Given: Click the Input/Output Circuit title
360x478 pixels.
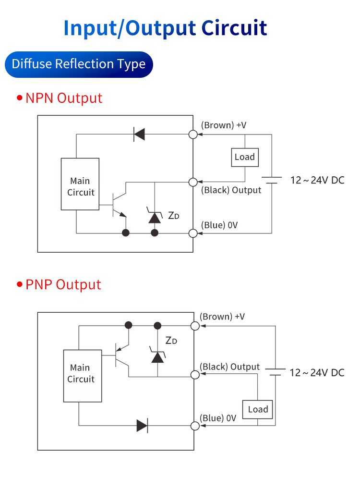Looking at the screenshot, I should [x=165, y=28].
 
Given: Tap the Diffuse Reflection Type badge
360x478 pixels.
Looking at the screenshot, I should [x=79, y=64].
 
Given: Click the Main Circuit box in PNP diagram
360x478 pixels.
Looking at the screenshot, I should [x=83, y=376].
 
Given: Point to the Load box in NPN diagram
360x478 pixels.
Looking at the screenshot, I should [x=244, y=157].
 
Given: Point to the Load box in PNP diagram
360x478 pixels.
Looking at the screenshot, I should [x=257, y=409].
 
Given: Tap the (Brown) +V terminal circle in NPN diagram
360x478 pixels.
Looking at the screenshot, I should [x=193, y=135].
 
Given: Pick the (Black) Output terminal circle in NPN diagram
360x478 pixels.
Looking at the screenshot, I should [x=193, y=182].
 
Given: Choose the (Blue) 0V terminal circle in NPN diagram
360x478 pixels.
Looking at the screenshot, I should [x=193, y=233].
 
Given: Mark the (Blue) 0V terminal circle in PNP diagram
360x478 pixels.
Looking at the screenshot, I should [x=195, y=426].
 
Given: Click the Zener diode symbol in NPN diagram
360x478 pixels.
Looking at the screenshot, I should [x=155, y=216].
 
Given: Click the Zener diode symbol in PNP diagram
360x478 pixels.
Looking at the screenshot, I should [x=157, y=355].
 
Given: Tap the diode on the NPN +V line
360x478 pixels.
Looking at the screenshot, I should [x=139, y=134].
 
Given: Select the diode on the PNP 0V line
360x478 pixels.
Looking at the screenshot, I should [x=142, y=426].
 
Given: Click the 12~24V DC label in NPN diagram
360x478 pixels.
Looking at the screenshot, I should [x=317, y=181].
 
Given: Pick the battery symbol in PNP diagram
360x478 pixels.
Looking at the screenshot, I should [x=276, y=372].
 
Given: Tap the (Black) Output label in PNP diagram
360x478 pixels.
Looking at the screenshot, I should [x=229, y=367].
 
